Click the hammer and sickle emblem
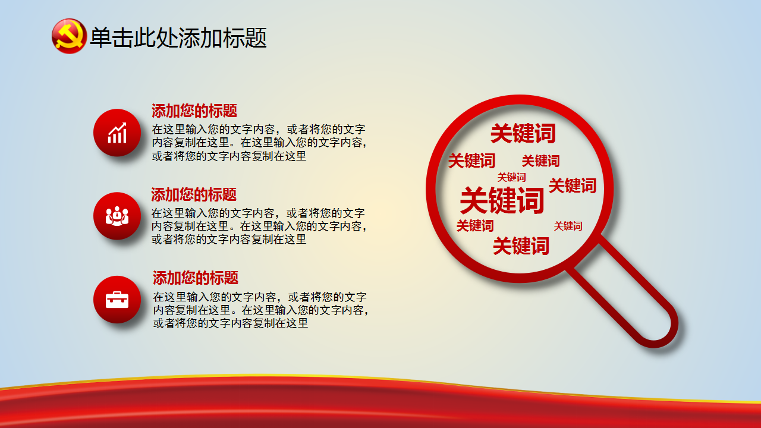pos(69,36)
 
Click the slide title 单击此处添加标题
pos(178,37)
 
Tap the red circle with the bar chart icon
pos(117,133)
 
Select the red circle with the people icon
pos(117,216)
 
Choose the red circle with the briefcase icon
pos(117,300)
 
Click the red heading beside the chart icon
pos(194,111)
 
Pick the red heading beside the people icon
pos(194,194)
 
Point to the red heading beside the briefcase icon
pos(196,278)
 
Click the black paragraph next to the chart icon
pos(259,143)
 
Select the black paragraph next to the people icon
pos(259,226)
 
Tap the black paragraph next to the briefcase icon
pos(260,310)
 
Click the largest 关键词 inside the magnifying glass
pos(502,200)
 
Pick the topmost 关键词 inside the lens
pos(523,134)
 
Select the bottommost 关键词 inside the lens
pos(521,246)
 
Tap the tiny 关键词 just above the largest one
pos(512,177)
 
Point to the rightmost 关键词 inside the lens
pos(573,186)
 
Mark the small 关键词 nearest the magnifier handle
pos(568,226)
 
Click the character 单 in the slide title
pos(100,37)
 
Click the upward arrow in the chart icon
pos(117,128)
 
